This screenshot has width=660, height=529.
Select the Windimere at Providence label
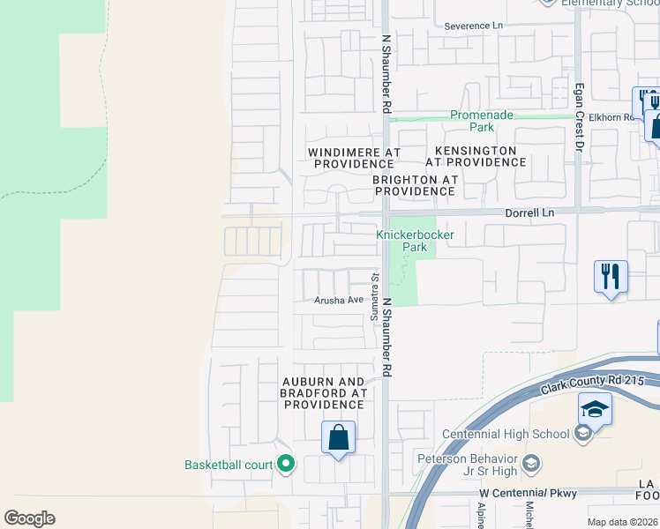(x=354, y=158)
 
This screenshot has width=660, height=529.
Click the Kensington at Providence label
(x=476, y=156)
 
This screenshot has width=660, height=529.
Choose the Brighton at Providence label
(x=415, y=185)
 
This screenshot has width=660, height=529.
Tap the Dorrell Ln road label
(x=529, y=212)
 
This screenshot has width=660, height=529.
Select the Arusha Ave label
(x=340, y=301)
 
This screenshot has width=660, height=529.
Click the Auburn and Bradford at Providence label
(x=323, y=392)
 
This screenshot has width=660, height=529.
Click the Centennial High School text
(x=506, y=434)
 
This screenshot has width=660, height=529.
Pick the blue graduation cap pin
(x=595, y=408)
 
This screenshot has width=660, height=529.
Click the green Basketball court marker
(x=286, y=463)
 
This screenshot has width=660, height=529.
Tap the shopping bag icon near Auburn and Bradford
(x=338, y=436)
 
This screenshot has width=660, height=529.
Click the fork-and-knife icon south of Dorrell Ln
(x=611, y=276)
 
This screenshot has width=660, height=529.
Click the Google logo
(x=29, y=518)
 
